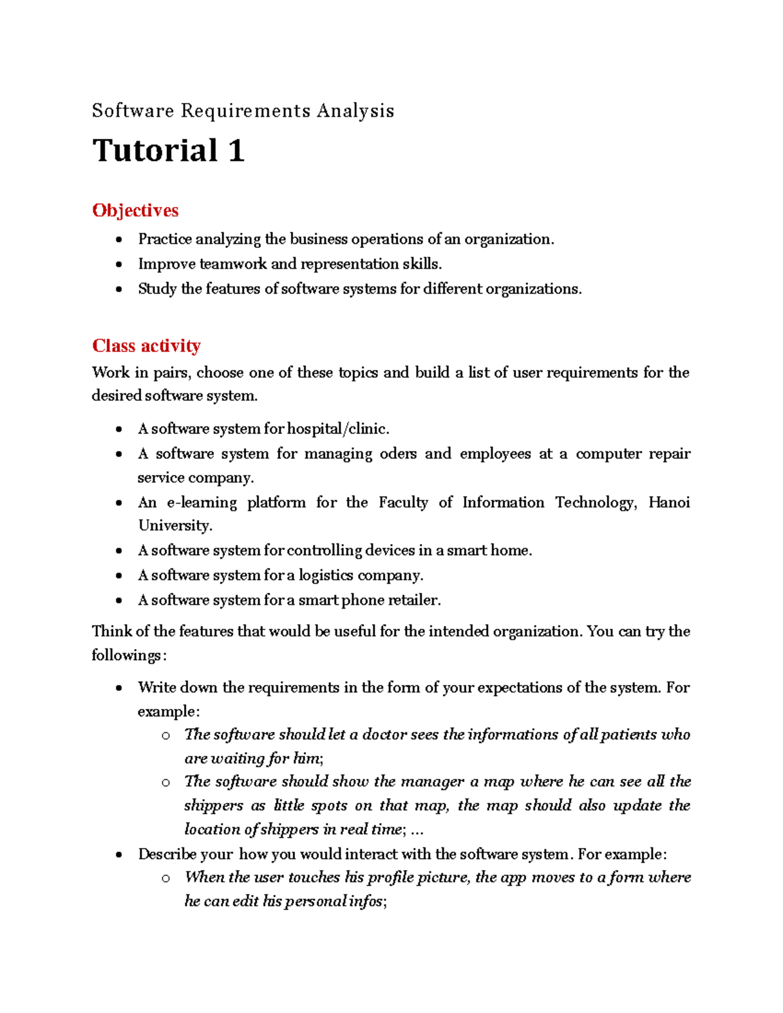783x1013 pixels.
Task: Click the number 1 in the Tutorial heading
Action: click(236, 151)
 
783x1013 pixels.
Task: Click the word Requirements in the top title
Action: click(245, 111)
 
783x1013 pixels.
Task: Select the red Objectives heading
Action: click(135, 211)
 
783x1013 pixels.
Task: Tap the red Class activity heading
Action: click(146, 346)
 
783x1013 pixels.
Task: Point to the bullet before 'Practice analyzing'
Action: click(119, 240)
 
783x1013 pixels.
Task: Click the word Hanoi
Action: click(669, 502)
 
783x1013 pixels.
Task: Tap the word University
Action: click(174, 526)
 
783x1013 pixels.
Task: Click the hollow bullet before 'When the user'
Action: click(166, 878)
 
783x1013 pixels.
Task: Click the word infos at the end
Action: click(366, 901)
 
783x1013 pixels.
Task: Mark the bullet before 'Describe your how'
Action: click(119, 854)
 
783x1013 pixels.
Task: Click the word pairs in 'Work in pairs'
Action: click(171, 373)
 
